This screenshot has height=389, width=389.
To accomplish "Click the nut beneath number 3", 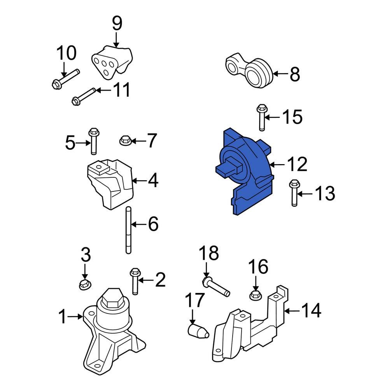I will click(84, 285).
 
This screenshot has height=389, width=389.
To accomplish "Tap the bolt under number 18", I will click(216, 287).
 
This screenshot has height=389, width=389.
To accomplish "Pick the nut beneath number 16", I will click(254, 294).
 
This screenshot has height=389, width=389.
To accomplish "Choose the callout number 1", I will click(62, 317).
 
